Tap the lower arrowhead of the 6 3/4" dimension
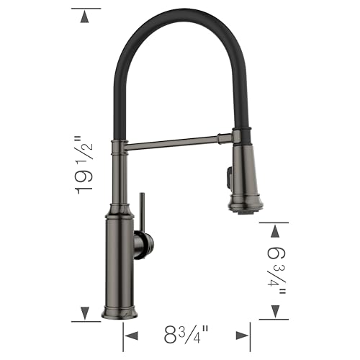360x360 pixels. [274, 312]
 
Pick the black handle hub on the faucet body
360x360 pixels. [139, 245]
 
